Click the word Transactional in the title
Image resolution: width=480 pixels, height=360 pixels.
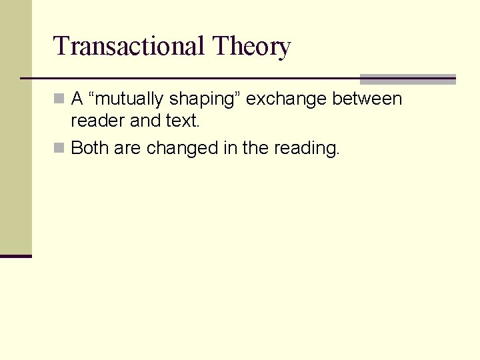[129, 47]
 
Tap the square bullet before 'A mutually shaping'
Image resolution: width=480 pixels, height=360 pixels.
[59, 99]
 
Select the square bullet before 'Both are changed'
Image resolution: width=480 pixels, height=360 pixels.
[59, 148]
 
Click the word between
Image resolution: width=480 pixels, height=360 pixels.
[367, 99]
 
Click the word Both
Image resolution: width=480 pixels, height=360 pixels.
[90, 147]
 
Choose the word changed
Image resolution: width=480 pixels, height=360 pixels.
[182, 148]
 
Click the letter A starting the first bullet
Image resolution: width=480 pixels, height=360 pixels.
[77, 99]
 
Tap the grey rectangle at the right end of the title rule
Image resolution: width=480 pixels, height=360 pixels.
[407, 79]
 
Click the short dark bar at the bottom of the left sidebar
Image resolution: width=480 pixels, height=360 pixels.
[15, 255]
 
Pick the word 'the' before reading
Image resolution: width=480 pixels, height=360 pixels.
[255, 147]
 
